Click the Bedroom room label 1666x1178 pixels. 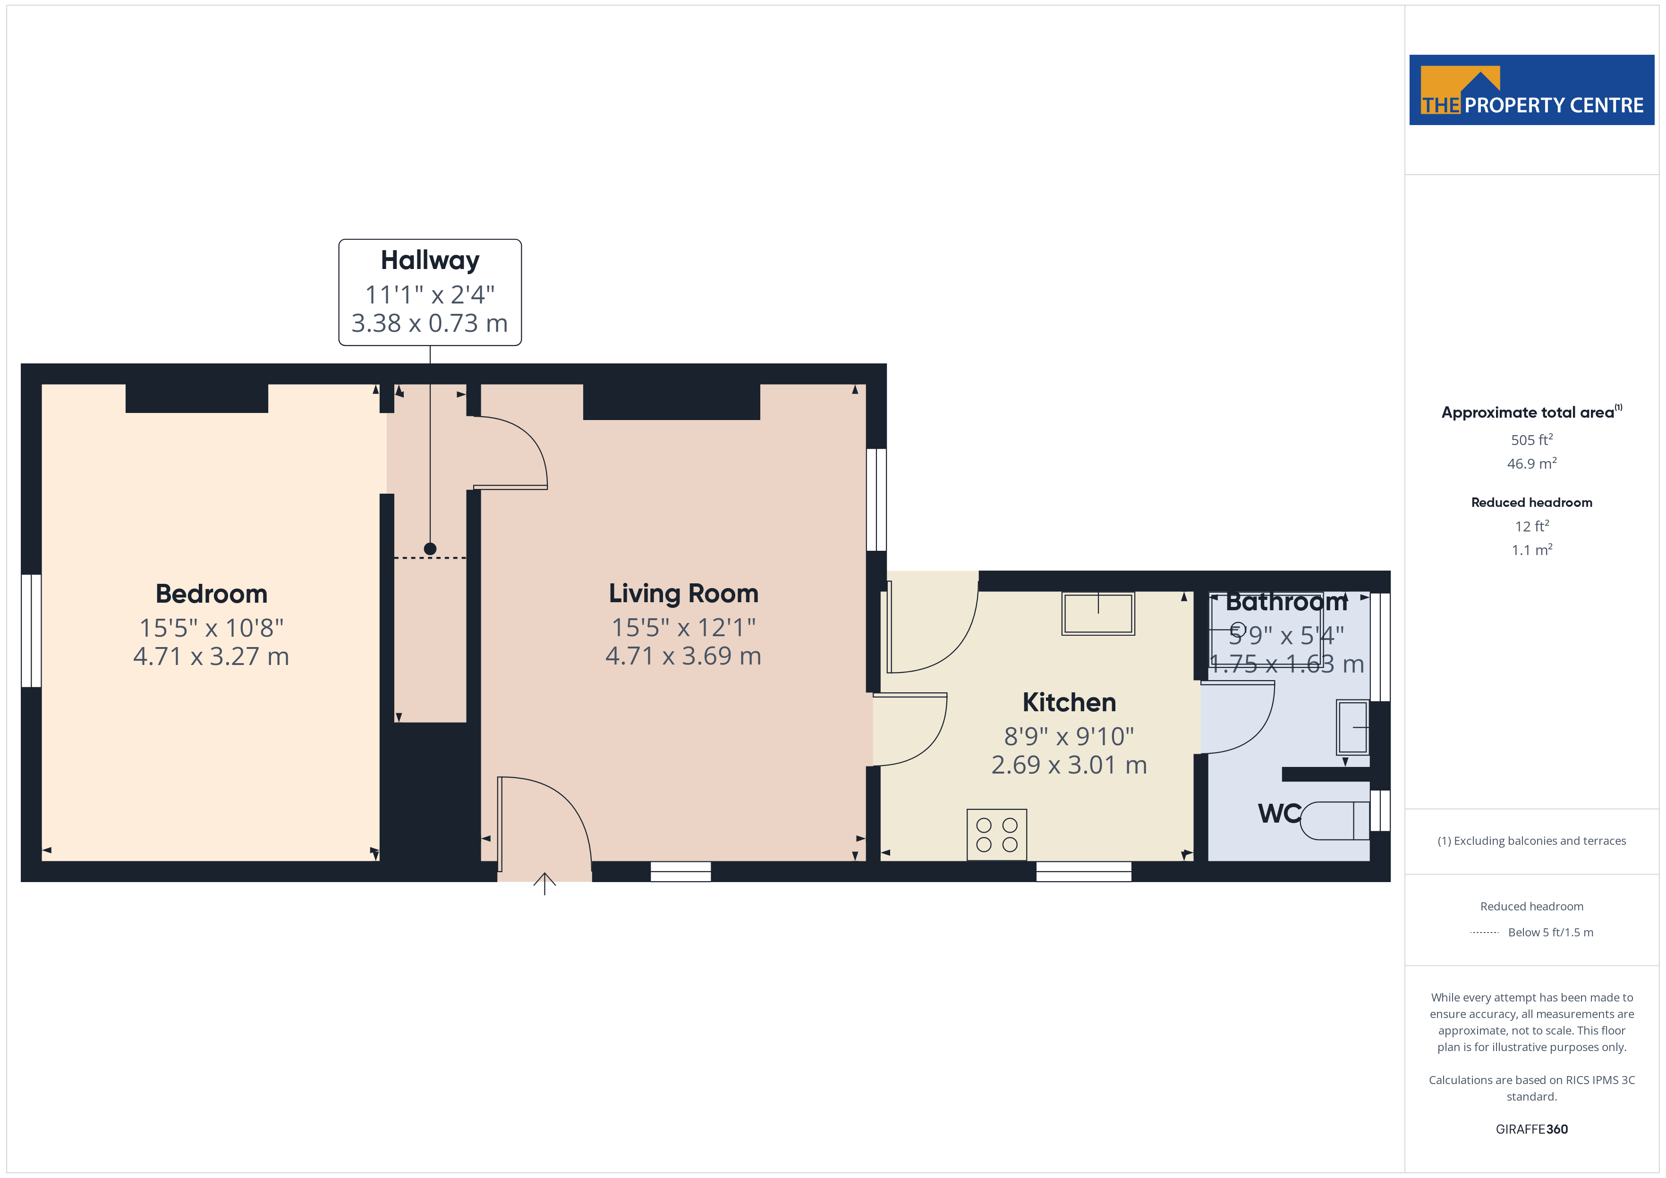click(x=211, y=594)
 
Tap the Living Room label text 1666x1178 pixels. click(x=683, y=593)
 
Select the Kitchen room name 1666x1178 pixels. click(x=1069, y=702)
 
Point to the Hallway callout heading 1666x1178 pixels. click(x=430, y=260)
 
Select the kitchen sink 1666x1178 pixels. click(x=1098, y=614)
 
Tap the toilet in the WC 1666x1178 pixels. click(x=1334, y=820)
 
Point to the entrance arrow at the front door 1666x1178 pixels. click(x=544, y=883)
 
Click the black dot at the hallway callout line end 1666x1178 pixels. click(x=430, y=549)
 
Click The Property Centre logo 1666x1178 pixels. click(x=1532, y=90)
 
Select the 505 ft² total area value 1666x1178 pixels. click(x=1532, y=439)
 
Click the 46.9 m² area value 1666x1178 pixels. click(x=1532, y=463)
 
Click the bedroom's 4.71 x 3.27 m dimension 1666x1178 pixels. click(x=211, y=656)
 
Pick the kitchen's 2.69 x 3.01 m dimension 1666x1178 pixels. click(x=1069, y=765)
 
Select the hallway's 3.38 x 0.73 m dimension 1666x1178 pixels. click(x=430, y=323)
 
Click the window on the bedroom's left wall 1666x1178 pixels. click(x=31, y=631)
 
